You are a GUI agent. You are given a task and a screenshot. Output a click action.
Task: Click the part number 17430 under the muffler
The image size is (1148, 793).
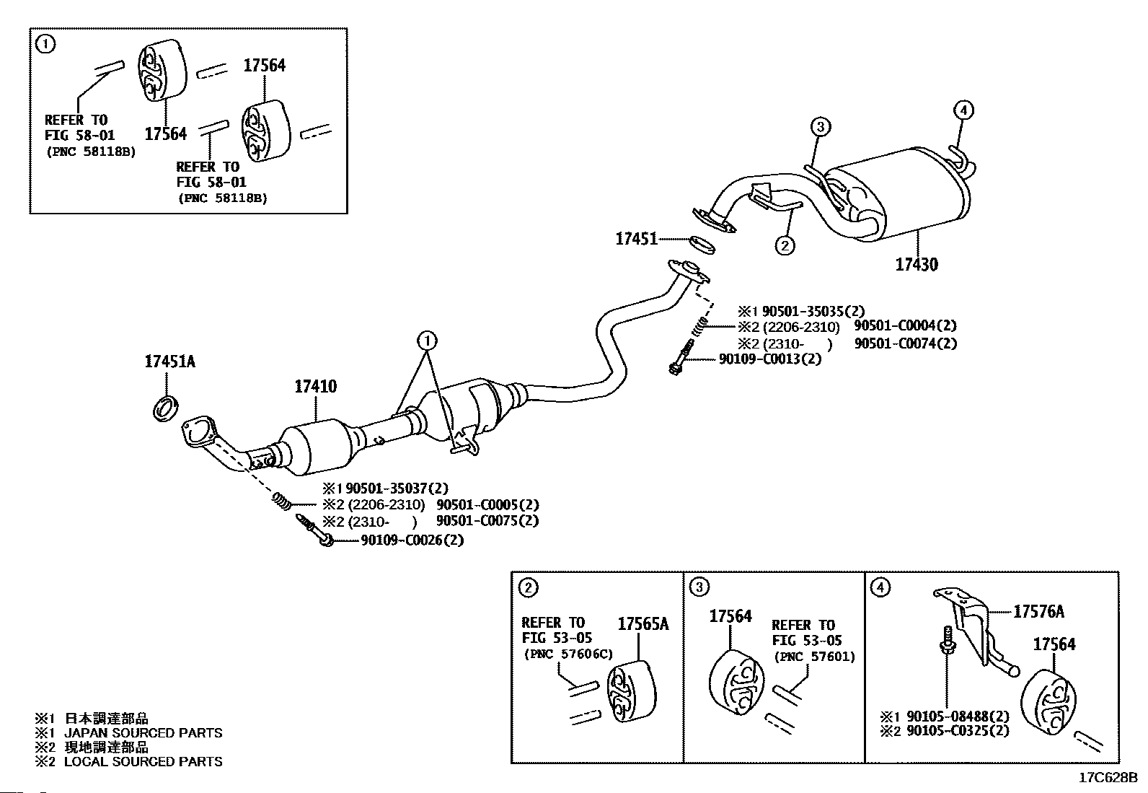[917, 265]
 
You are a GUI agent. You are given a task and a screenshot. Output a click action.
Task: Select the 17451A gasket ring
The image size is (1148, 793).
[166, 408]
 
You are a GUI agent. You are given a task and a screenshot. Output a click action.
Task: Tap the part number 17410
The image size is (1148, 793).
[316, 386]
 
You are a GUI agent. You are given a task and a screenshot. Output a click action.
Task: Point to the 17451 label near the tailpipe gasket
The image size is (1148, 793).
[636, 239]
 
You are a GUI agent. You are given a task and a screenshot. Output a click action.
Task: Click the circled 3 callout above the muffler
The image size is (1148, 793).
[820, 126]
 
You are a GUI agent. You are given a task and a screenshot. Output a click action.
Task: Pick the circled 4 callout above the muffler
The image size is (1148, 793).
[963, 110]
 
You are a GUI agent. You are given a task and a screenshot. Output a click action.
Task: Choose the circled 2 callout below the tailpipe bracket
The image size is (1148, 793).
[785, 246]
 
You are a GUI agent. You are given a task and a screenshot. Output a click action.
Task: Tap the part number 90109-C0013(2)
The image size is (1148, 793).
[769, 359]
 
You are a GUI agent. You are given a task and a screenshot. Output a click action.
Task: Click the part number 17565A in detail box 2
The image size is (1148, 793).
[643, 623]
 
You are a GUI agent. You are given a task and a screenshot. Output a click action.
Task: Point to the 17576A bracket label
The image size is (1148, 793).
[1038, 611]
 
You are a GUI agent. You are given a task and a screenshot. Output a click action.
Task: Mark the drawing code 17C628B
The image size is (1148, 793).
[1108, 778]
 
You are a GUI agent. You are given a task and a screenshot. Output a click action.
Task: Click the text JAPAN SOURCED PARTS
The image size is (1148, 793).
[143, 732]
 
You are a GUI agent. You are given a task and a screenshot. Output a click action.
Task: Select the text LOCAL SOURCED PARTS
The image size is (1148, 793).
[143, 761]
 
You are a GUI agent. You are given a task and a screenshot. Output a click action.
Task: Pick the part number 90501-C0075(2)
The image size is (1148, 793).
[487, 521]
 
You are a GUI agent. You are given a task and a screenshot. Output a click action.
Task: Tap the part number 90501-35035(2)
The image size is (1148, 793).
[813, 311]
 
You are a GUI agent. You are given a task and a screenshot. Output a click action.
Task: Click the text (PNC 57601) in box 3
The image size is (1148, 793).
[815, 657]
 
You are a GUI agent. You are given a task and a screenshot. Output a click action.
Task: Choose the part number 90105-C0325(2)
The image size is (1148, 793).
[958, 730]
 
